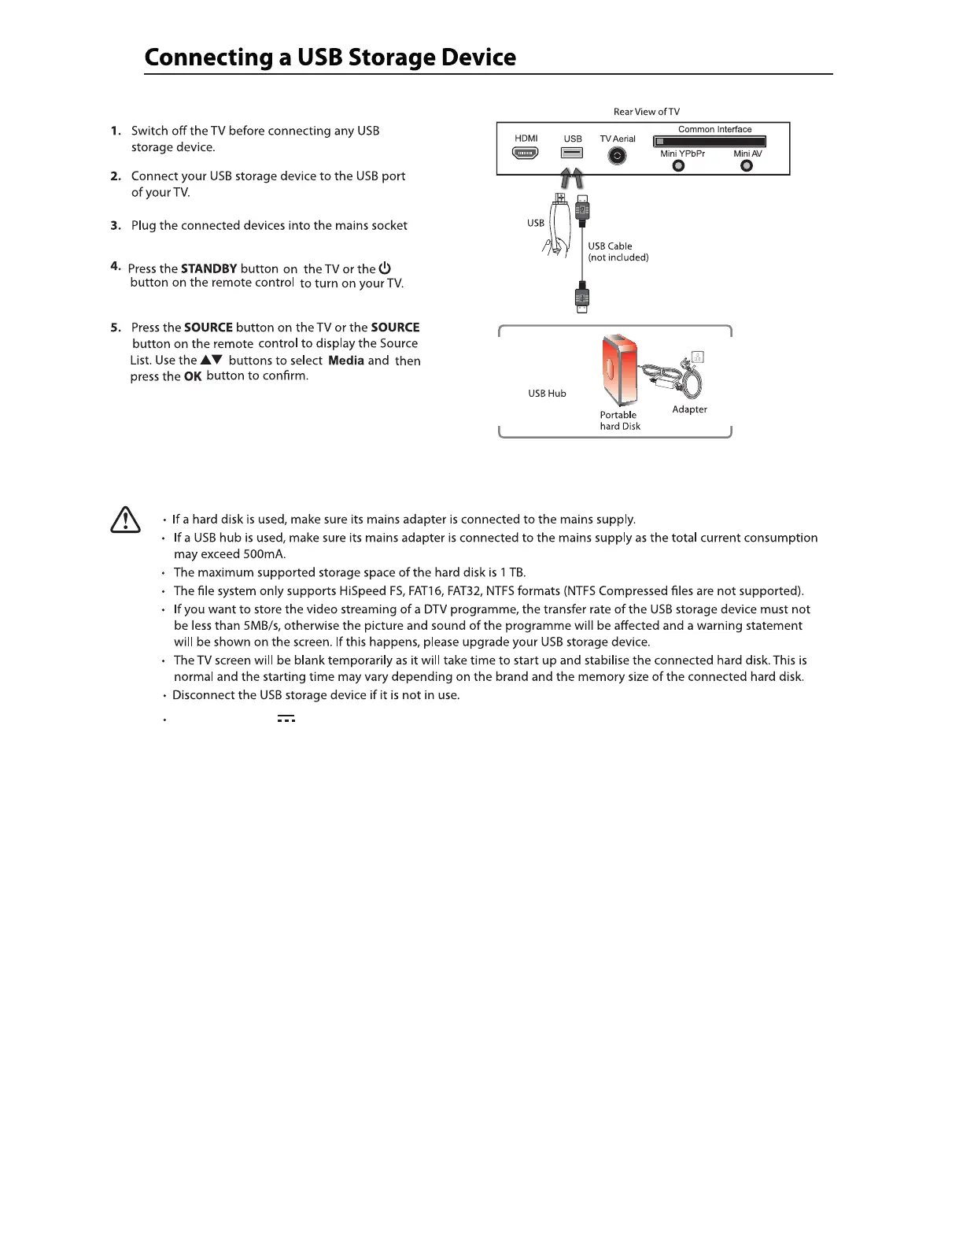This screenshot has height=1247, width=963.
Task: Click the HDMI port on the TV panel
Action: tap(526, 154)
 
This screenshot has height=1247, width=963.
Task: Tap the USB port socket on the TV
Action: tap(572, 154)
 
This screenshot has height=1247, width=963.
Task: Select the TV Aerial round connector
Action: tap(618, 156)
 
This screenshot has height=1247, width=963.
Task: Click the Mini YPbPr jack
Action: tap(679, 165)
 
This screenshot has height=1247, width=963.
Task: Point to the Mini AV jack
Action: tap(747, 165)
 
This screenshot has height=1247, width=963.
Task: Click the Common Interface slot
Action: tap(710, 142)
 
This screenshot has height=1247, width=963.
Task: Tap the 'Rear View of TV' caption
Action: tap(646, 112)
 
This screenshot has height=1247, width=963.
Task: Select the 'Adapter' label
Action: tap(689, 409)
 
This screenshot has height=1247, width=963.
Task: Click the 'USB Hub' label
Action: tap(547, 394)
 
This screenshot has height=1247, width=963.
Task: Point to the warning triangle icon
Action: tap(125, 520)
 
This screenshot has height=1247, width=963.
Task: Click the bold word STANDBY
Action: tap(208, 269)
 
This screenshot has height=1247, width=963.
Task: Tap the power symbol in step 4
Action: tap(385, 268)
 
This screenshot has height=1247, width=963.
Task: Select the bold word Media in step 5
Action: tap(345, 361)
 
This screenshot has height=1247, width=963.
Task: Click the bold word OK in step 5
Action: tap(193, 377)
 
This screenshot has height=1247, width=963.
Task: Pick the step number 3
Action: tap(116, 226)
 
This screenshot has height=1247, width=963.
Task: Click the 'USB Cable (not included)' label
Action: tap(618, 252)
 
